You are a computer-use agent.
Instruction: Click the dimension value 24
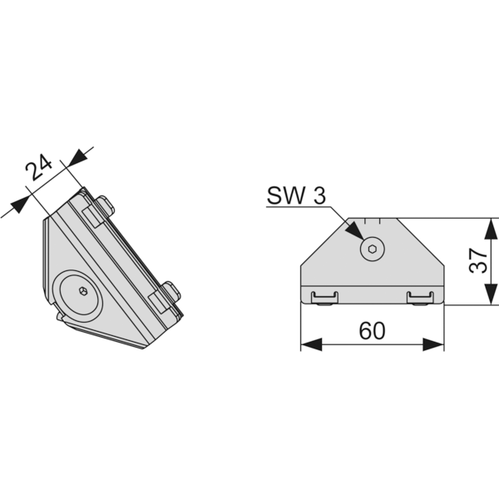coord(39,167)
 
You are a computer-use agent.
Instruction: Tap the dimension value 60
coord(372,331)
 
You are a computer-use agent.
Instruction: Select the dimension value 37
coord(478,261)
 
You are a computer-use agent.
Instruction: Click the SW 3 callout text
coord(296,195)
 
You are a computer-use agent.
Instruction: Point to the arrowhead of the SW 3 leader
coord(355,230)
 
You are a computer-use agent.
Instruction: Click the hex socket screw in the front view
coord(373,249)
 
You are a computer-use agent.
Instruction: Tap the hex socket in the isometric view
coord(83,290)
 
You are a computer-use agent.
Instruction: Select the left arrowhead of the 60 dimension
coord(311,344)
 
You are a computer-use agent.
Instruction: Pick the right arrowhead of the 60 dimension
coord(433,344)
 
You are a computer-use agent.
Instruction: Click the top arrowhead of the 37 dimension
coord(491,229)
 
